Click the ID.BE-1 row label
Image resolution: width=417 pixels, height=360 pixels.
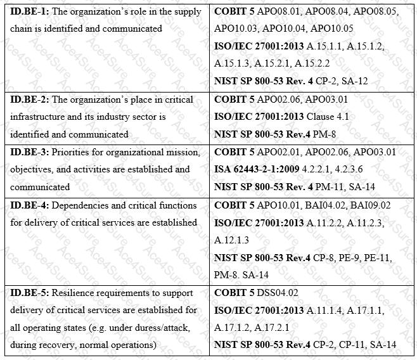point(27,11)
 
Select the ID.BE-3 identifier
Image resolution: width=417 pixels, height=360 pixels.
point(27,152)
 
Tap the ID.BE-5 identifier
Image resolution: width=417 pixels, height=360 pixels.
point(27,292)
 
